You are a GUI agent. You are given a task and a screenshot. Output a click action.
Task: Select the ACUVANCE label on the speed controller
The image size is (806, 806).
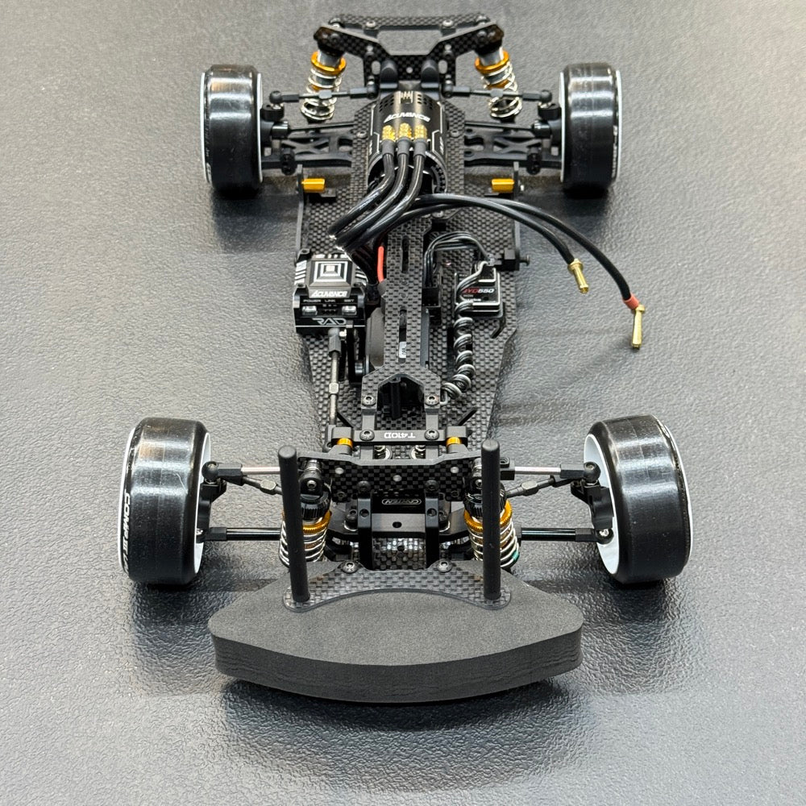coord(328,293)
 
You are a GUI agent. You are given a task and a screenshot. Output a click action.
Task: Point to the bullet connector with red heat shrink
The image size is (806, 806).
coord(637,322)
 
